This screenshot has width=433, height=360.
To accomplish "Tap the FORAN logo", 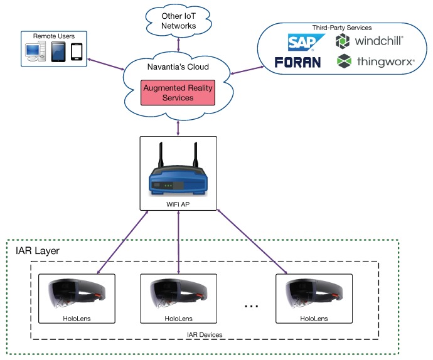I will pos(298,62).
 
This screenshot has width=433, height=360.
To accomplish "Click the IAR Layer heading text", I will pos(37,251).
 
